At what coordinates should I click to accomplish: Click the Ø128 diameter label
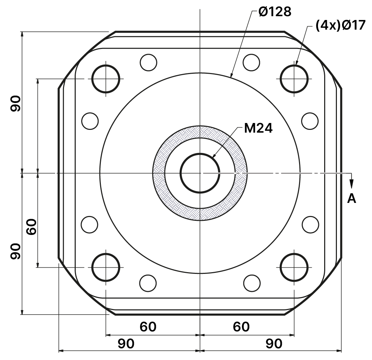275,11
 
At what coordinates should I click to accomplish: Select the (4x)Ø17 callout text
340,25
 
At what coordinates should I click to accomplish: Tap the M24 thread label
258,128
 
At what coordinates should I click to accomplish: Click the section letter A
352,198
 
